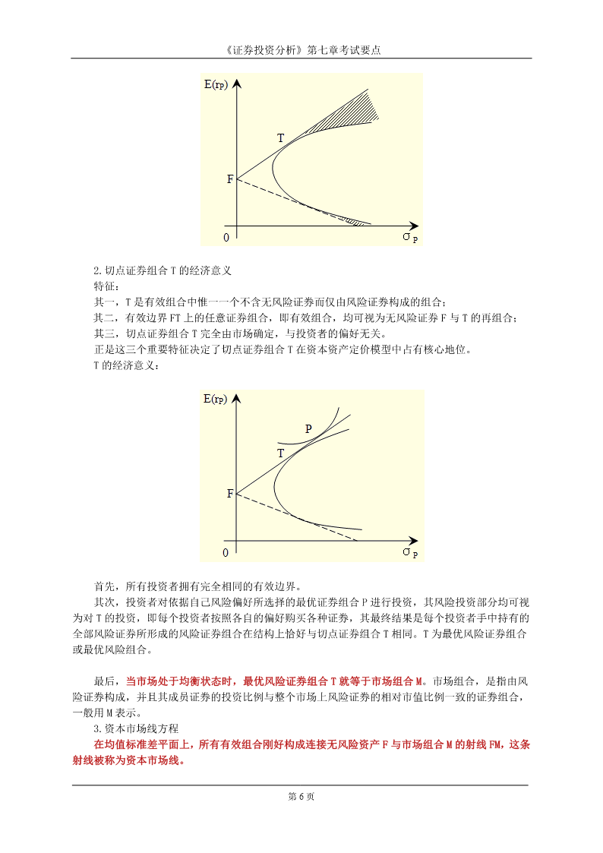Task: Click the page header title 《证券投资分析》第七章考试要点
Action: pyautogui.click(x=301, y=50)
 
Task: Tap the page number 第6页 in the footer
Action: pyautogui.click(x=301, y=796)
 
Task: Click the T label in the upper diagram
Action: pyautogui.click(x=280, y=138)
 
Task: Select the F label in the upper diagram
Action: pyautogui.click(x=230, y=179)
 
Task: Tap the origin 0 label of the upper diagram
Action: pyautogui.click(x=226, y=238)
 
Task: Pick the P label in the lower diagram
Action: pyautogui.click(x=308, y=428)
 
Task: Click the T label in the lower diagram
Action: pyautogui.click(x=280, y=453)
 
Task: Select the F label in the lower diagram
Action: pyautogui.click(x=230, y=494)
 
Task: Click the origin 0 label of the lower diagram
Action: pyautogui.click(x=226, y=552)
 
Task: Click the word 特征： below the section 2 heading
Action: pyautogui.click(x=106, y=286)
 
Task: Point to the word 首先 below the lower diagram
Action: pyautogui.click(x=103, y=586)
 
